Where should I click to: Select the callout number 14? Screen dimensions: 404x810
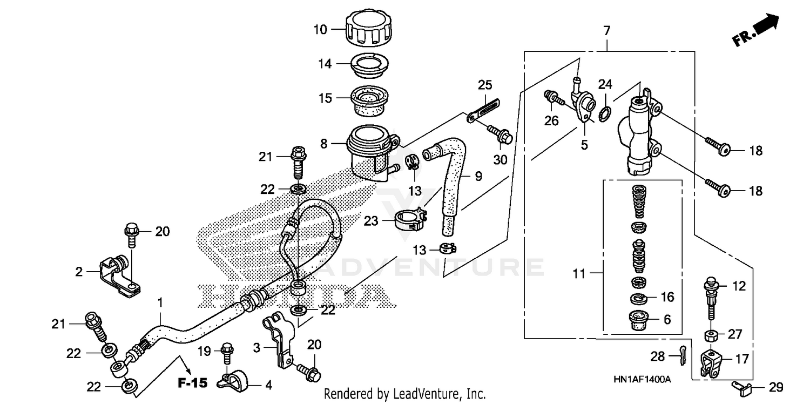[x=324, y=64]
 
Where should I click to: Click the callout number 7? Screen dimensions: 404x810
[x=606, y=31]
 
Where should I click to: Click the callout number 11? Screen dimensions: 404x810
[x=579, y=274]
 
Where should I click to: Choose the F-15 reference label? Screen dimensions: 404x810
[x=192, y=383]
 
